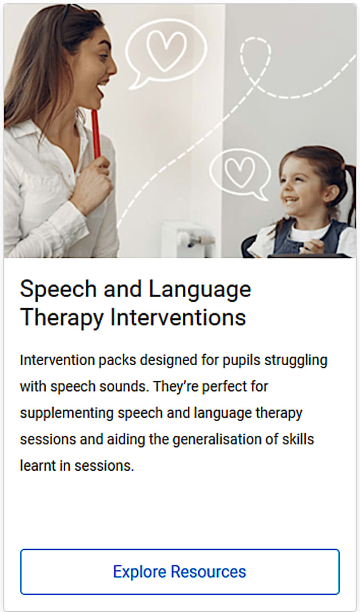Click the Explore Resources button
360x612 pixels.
[180, 572]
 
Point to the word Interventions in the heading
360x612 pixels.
[178, 318]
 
